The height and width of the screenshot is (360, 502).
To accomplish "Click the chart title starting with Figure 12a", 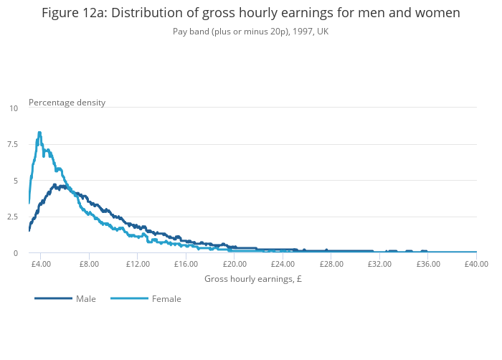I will click(x=250, y=13).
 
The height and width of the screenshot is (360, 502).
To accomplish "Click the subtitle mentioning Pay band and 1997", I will click(x=250, y=32).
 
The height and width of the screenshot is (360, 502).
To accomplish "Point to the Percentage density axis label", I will click(x=67, y=103).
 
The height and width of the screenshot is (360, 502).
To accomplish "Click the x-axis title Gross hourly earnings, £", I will click(x=252, y=279).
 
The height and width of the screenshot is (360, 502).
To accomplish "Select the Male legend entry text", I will click(x=86, y=299).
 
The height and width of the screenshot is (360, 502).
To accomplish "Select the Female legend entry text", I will click(x=166, y=299).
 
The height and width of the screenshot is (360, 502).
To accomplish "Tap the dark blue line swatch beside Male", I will click(x=54, y=298).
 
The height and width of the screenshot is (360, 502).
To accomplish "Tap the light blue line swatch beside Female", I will click(x=130, y=298).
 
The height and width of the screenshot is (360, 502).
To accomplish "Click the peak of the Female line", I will click(x=39, y=133).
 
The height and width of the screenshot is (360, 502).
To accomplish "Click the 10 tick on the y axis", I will click(x=14, y=108).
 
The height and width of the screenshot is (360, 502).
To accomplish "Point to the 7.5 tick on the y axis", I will click(x=12, y=144).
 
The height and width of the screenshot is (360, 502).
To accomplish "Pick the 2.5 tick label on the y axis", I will click(x=12, y=217).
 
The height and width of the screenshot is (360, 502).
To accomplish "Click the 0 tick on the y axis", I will click(x=15, y=253).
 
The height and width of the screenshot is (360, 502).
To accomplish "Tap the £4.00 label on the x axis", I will click(x=41, y=264).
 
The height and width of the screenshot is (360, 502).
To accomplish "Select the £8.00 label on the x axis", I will click(x=89, y=264).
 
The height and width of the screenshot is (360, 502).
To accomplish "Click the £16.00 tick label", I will click(x=186, y=264).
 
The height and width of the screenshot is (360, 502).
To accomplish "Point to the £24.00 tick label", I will click(x=283, y=264).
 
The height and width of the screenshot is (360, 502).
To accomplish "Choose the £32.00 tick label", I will click(x=379, y=264).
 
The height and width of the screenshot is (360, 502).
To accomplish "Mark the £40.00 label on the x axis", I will click(x=475, y=264).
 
